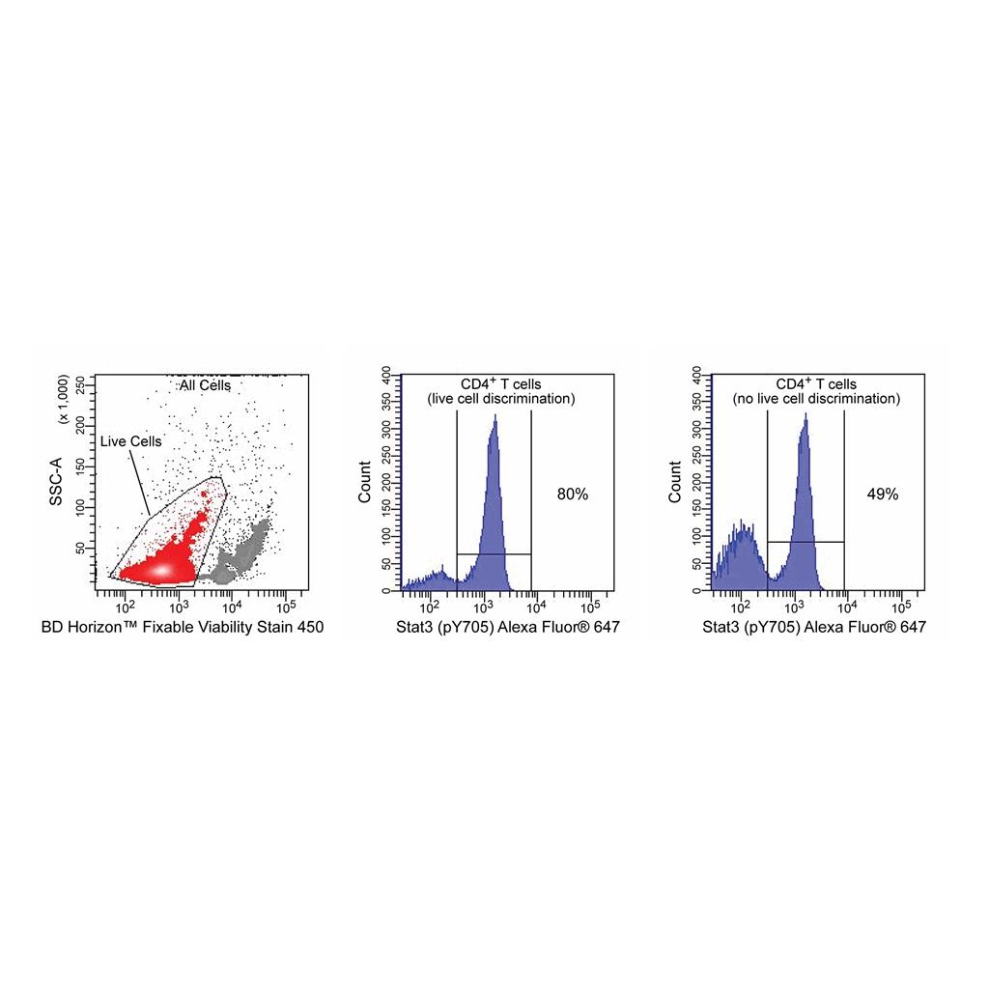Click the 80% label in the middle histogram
coord(573,494)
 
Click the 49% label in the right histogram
coord(883,494)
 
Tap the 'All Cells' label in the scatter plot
coord(205,385)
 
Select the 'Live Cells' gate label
coord(131,441)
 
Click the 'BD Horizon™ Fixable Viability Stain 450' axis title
coord(183,628)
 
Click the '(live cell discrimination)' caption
coord(500,399)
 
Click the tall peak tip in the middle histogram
coord(494,417)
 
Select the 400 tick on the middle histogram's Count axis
coord(384,372)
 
